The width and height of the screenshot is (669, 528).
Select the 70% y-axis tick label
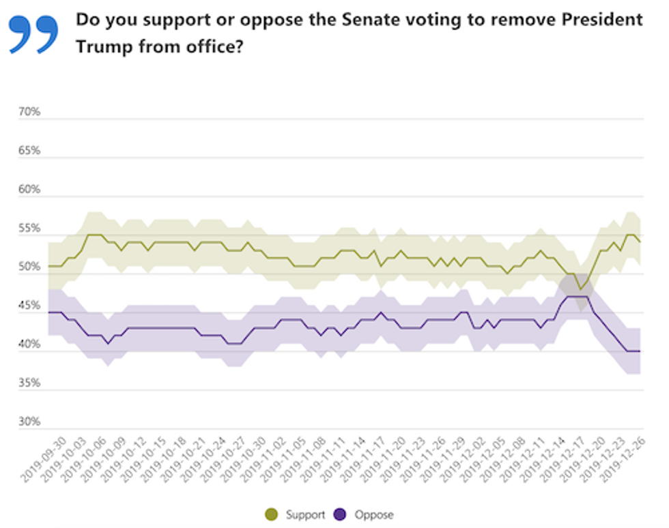point(29,111)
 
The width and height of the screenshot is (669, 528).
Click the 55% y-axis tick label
point(29,228)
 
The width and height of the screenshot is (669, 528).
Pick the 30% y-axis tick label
point(29,422)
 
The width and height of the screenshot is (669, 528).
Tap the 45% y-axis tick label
point(29,306)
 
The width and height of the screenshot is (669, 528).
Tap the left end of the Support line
point(48,266)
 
